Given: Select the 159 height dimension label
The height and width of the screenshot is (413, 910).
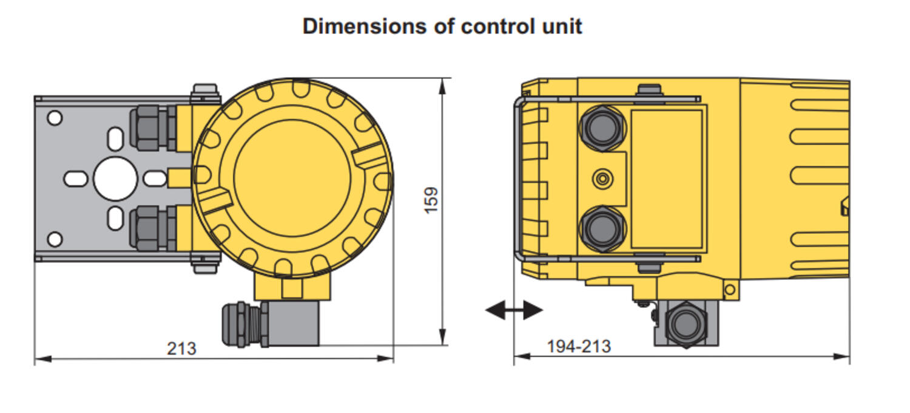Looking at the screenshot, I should [431, 200].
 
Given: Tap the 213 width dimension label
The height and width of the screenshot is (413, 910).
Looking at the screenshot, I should [181, 348].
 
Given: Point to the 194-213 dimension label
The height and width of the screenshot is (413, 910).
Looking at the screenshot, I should [579, 346].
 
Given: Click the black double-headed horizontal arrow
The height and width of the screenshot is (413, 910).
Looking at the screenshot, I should [514, 310].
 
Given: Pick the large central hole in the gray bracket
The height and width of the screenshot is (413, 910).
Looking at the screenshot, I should [115, 179].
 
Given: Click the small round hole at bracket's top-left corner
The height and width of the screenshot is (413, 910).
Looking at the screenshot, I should [55, 118].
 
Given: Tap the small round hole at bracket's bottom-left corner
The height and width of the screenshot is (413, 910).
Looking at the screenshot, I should [55, 239].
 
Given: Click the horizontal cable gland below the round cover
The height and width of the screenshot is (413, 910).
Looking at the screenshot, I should [243, 324].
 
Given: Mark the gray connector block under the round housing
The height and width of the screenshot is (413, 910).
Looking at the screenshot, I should [294, 323].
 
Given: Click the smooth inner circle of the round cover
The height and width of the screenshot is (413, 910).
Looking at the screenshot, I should [292, 179].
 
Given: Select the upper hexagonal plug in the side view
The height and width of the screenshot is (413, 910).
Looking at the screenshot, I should [601, 128].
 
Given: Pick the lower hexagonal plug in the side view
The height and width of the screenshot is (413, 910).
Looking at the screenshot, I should [601, 229].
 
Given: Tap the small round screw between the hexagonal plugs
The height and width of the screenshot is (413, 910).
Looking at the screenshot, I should [602, 179].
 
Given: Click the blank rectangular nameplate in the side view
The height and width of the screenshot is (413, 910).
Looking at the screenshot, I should [667, 179].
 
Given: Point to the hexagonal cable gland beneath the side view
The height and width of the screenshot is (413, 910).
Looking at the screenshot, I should [686, 324].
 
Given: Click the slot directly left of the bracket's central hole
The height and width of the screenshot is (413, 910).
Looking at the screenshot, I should [76, 179].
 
